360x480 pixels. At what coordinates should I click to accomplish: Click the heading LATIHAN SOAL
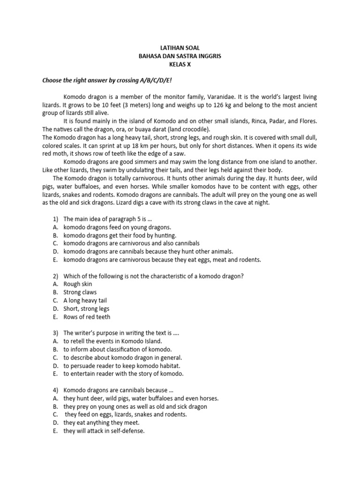pyautogui.click(x=180, y=48)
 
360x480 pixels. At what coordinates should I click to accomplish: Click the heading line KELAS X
pyautogui.click(x=180, y=65)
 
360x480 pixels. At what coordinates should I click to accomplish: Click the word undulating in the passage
pyautogui.click(x=137, y=170)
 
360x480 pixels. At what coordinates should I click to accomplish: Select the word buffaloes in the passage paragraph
pyautogui.click(x=82, y=186)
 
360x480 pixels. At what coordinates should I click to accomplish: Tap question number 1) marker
pyautogui.click(x=55, y=218)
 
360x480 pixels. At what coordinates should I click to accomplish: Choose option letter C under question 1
pyautogui.click(x=55, y=243)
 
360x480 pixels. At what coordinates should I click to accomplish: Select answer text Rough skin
pyautogui.click(x=78, y=284)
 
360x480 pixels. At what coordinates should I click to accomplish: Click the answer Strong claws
pyautogui.click(x=80, y=292)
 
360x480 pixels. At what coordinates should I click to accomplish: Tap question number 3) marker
pyautogui.click(x=55, y=333)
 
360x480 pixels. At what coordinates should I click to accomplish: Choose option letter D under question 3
pyautogui.click(x=55, y=366)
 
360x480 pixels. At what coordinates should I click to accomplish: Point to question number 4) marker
pyautogui.click(x=55, y=390)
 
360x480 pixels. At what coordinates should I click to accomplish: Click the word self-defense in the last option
pyautogui.click(x=128, y=431)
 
